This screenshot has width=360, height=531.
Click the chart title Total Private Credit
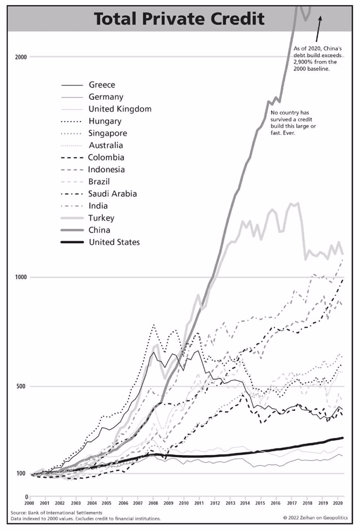tap(179, 19)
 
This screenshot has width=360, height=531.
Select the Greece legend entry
tap(102, 85)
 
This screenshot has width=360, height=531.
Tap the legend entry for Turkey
tap(101, 218)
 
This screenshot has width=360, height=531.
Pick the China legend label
tap(99, 230)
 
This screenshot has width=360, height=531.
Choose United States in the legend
tap(114, 242)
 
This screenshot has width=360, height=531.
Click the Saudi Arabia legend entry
tap(113, 194)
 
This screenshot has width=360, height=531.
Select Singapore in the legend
tap(108, 134)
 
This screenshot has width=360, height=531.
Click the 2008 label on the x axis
tap(153, 503)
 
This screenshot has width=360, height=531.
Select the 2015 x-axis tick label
tap(260, 503)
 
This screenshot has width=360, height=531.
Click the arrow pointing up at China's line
tap(318, 27)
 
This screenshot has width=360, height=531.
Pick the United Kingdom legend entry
tap(120, 109)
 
